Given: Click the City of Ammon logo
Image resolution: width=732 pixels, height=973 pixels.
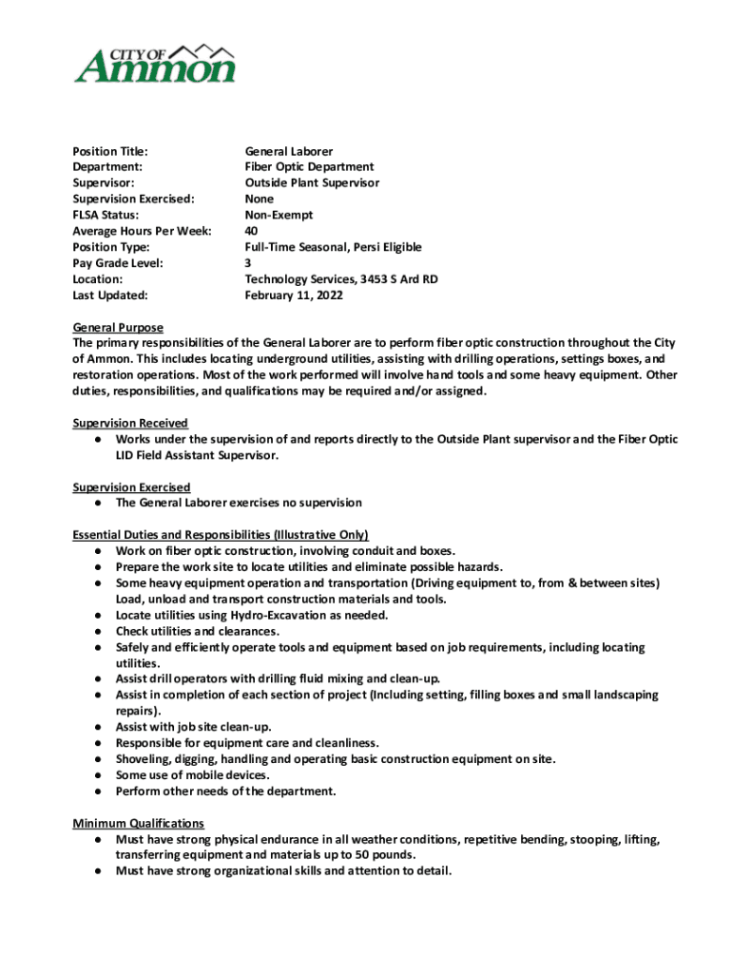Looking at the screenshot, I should point(155,63).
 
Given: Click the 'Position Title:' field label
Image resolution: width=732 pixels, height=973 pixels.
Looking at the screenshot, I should point(111,151).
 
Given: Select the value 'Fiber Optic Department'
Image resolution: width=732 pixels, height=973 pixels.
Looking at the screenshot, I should point(309,167).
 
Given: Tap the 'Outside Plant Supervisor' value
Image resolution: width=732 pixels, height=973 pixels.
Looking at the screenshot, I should point(312,182).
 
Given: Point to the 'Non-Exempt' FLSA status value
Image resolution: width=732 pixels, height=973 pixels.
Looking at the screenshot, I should point(280,215).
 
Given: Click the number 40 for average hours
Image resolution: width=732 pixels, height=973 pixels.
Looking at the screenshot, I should point(252,231).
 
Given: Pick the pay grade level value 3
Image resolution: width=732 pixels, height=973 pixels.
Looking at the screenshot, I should point(248,263).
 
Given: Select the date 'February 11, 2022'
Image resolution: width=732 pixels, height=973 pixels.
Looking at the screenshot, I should point(294,296).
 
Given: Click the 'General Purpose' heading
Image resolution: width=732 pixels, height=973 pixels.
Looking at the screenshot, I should point(118,327).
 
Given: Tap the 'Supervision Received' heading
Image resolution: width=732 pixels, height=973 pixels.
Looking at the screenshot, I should point(130,423).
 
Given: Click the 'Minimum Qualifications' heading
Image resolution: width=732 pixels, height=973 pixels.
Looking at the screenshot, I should point(139,823).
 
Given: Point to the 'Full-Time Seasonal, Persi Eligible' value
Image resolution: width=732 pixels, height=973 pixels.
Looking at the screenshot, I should point(333,247).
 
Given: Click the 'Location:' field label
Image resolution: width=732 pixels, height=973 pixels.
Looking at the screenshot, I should point(98,279).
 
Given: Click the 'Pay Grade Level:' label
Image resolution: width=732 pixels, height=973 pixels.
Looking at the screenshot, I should point(118,263).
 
